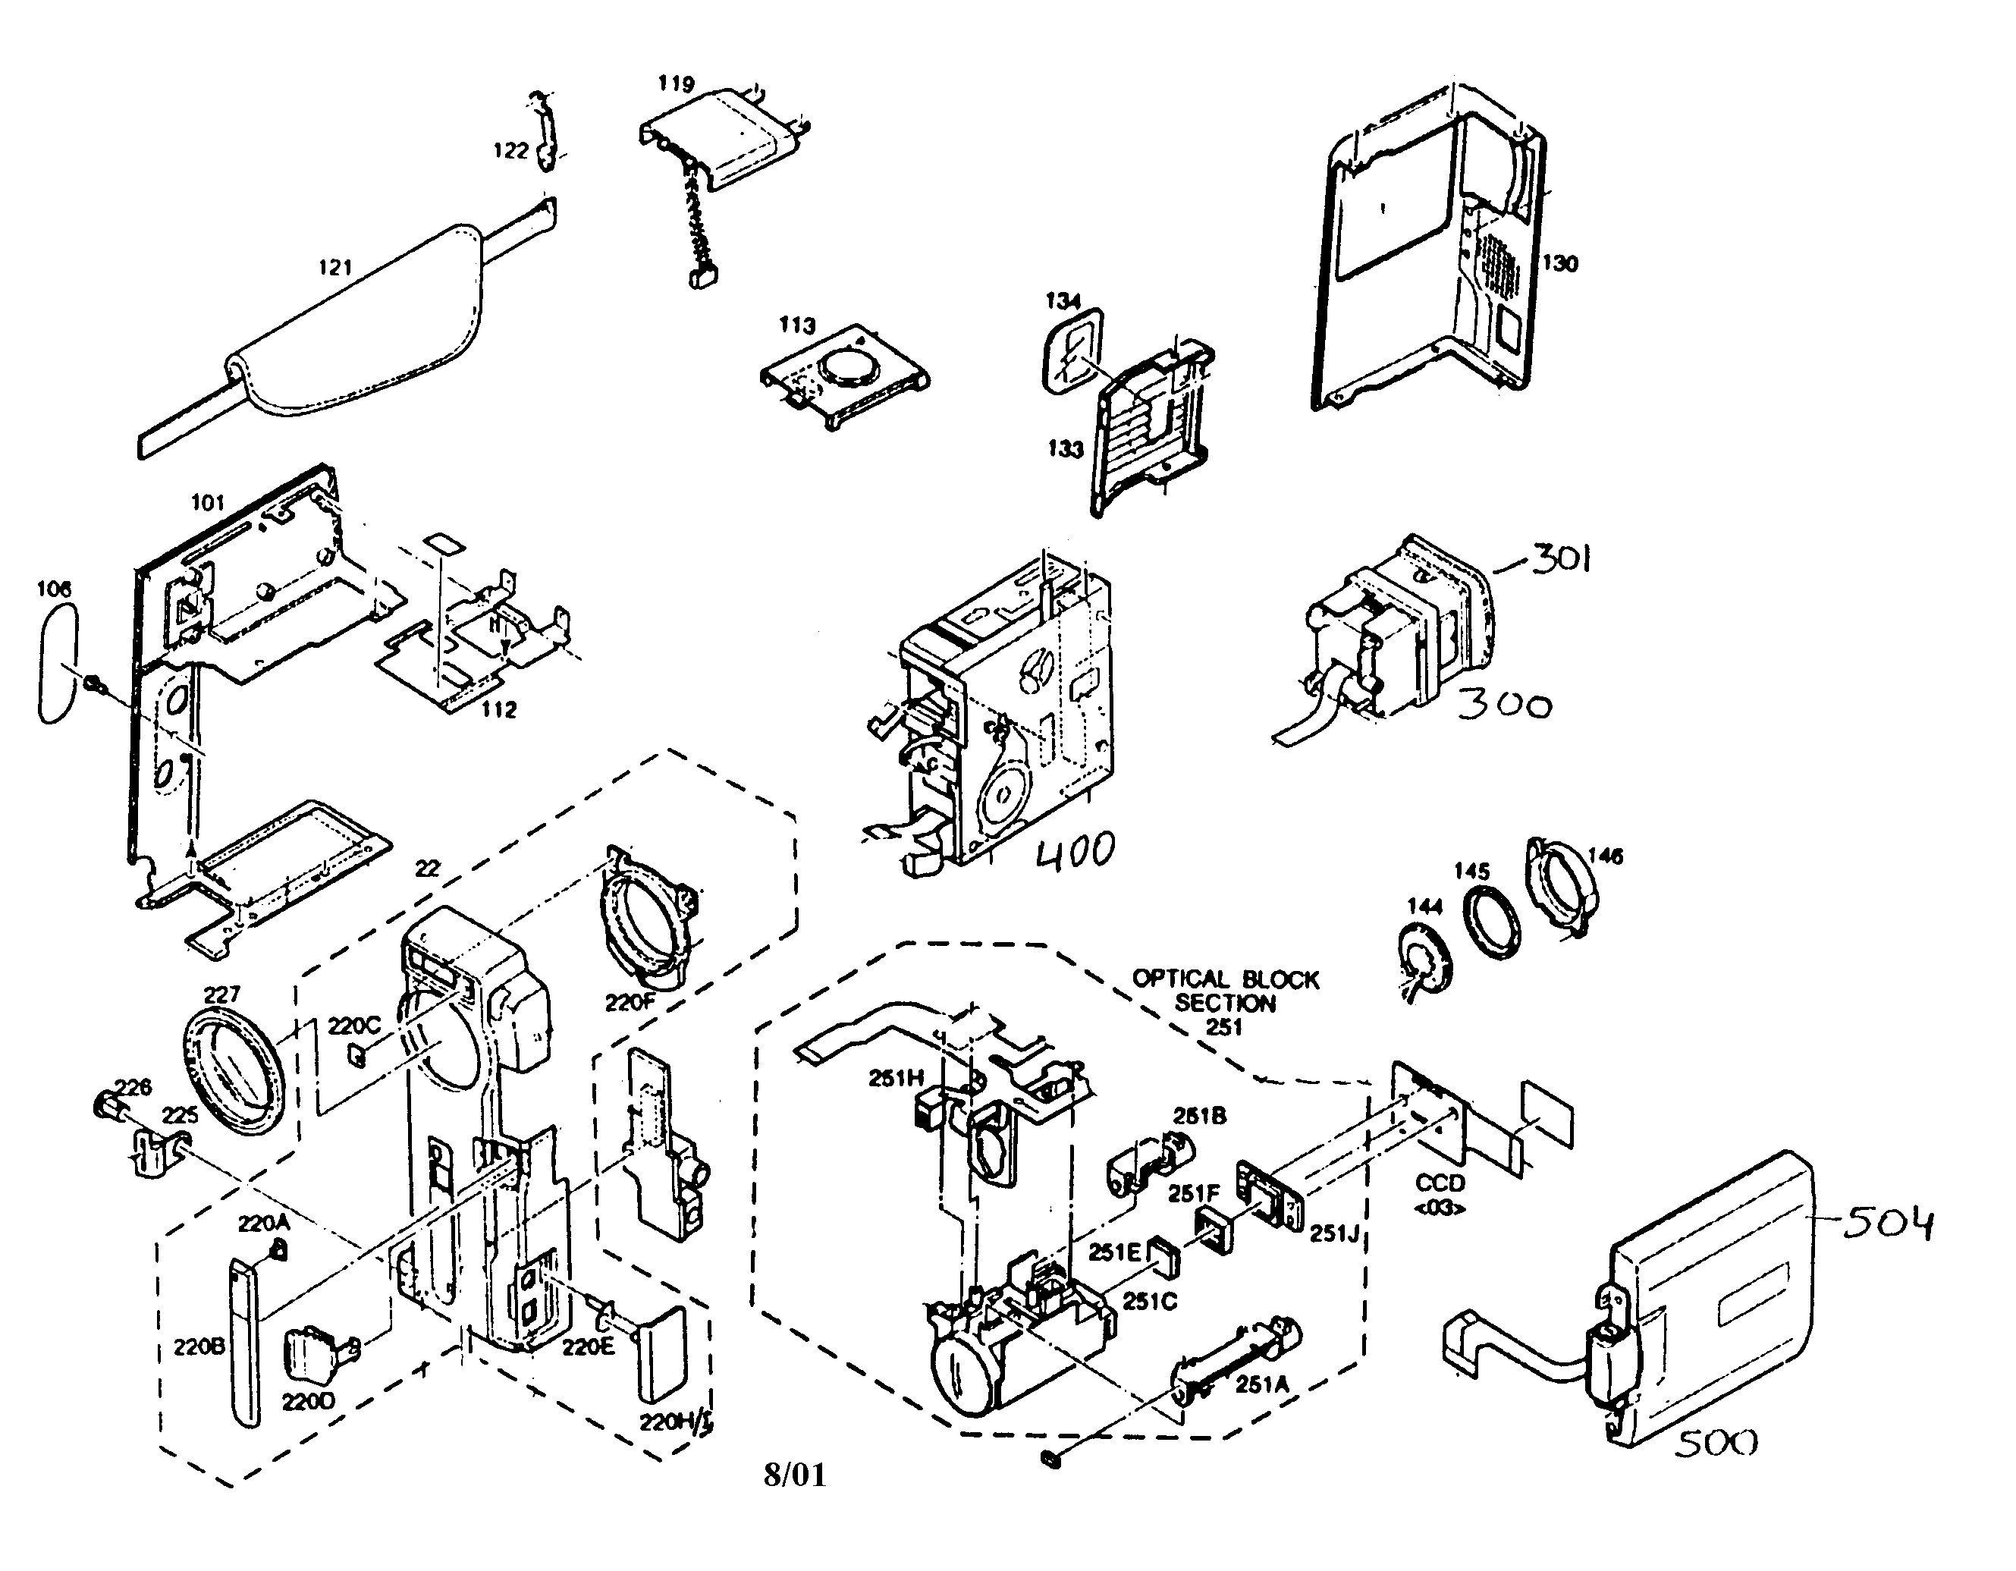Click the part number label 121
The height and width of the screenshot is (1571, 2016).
point(335,268)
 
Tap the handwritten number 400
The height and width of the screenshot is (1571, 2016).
point(1076,850)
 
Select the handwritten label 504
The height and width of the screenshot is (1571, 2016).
point(1887,1224)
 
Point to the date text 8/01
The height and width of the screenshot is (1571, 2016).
point(795,1475)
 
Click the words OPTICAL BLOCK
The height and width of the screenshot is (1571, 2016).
point(1225,979)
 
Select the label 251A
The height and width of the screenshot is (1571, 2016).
point(1262,1384)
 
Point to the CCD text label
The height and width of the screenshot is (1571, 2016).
point(1440,1183)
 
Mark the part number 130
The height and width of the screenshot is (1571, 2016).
point(1559,263)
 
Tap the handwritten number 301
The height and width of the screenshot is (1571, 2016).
point(1561,558)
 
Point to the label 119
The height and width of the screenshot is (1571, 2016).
point(676,84)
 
